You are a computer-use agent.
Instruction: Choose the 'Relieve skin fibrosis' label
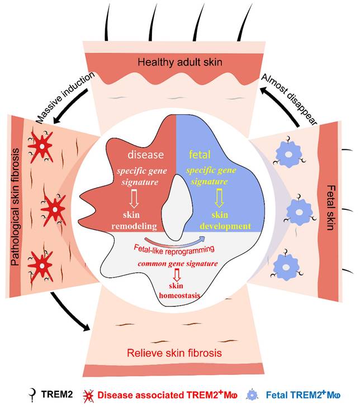pyautogui.click(x=178, y=353)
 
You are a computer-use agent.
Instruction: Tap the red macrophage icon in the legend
pyautogui.click(x=88, y=395)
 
